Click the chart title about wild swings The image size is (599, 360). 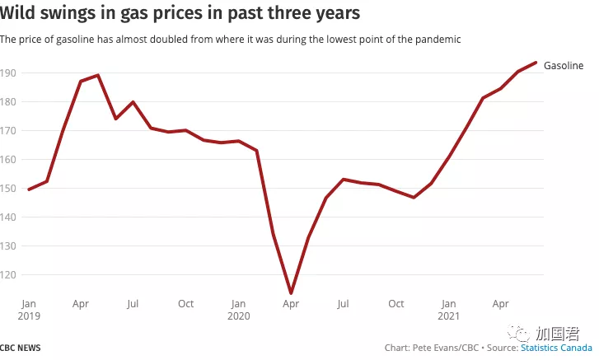coord(180,14)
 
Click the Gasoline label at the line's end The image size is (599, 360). coord(564,65)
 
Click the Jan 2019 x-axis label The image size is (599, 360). coord(28,310)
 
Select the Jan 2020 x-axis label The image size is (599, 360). coord(238,310)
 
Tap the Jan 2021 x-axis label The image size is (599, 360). coord(449,310)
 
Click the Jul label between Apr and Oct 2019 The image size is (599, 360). coord(133,304)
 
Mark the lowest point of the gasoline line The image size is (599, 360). coord(291,292)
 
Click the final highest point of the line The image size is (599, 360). coord(536,63)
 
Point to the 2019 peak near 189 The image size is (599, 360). coord(99,75)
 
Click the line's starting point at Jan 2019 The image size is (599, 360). coord(30,189)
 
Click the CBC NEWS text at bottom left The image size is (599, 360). coord(21,348)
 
